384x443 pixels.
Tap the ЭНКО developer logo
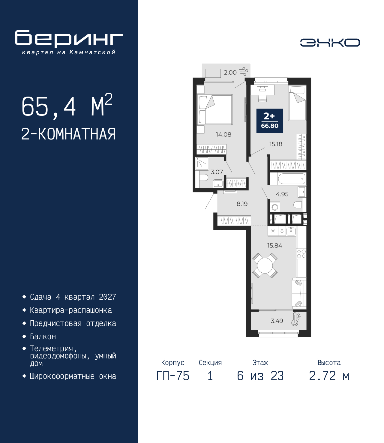click(x=330, y=42)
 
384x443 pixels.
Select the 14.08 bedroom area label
click(x=223, y=135)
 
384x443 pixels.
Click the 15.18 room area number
click(x=276, y=144)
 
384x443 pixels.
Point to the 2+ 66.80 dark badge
click(x=270, y=121)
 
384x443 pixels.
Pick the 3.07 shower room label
click(x=217, y=172)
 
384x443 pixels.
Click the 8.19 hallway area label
click(x=242, y=204)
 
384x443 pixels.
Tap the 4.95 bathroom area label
click(x=282, y=194)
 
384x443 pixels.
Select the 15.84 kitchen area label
click(x=275, y=246)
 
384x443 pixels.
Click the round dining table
click(x=265, y=266)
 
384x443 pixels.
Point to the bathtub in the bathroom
click(x=291, y=179)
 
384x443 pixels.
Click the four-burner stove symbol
click(x=301, y=254)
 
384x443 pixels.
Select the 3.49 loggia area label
click(x=277, y=321)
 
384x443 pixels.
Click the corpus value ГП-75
click(x=172, y=376)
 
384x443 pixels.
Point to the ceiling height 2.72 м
click(x=329, y=376)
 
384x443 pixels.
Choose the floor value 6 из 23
click(x=260, y=376)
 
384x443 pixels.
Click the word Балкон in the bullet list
click(x=43, y=337)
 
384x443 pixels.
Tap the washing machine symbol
click(x=275, y=207)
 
